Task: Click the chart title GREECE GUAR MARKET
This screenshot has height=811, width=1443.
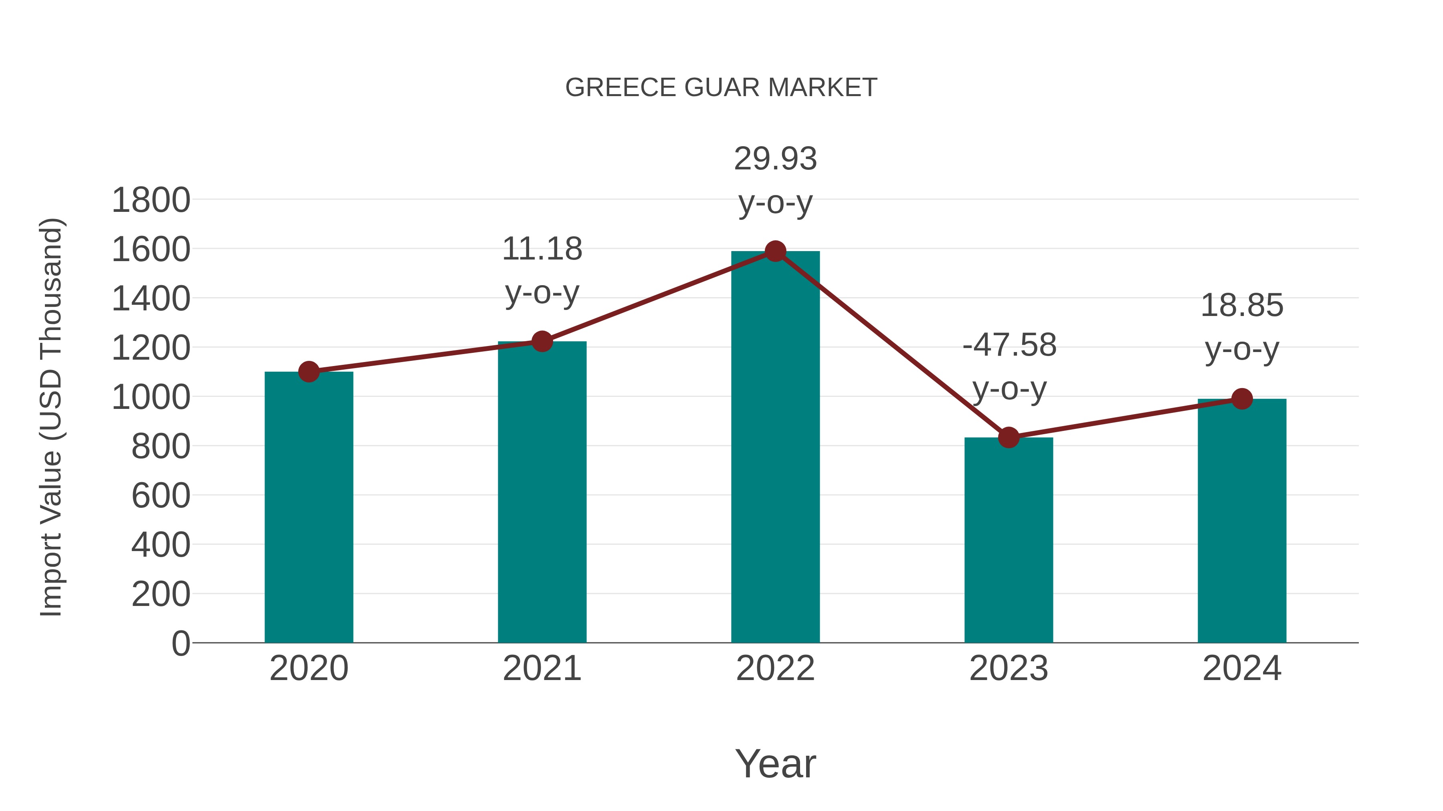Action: (721, 88)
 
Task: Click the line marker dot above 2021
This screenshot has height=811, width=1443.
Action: (542, 341)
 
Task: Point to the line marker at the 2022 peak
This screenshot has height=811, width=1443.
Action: (775, 251)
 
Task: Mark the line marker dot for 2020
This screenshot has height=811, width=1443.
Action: (309, 371)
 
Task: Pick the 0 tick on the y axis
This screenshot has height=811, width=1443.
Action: (180, 643)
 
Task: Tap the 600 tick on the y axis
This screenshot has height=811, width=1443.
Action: (160, 496)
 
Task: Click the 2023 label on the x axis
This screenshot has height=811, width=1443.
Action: (1008, 668)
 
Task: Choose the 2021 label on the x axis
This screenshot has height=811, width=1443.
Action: (542, 668)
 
